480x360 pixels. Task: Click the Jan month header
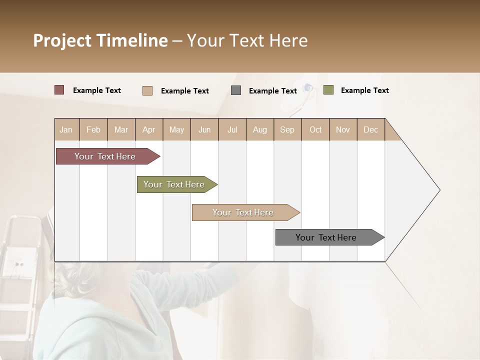[66, 129]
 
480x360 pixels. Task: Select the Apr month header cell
[149, 129]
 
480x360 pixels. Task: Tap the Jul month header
[232, 129]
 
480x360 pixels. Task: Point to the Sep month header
[287, 129]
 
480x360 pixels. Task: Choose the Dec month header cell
[370, 129]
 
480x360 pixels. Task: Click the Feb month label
[93, 129]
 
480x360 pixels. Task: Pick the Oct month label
[315, 129]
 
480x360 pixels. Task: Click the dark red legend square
[59, 90]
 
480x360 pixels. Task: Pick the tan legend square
[147, 90]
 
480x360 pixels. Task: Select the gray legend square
[236, 90]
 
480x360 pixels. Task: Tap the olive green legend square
[328, 90]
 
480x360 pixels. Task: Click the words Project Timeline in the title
[100, 40]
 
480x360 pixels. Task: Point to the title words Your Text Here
[247, 40]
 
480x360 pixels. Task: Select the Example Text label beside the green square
[364, 90]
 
